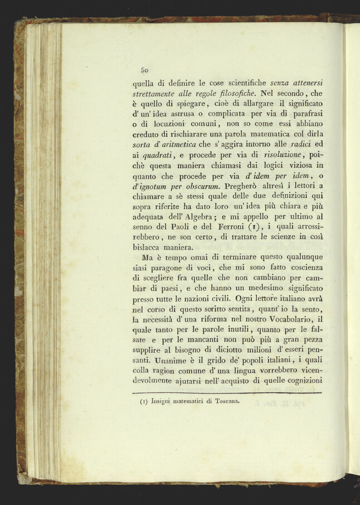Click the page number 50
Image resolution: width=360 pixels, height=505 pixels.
(x=144, y=70)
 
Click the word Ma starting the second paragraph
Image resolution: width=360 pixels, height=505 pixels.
(x=148, y=259)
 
